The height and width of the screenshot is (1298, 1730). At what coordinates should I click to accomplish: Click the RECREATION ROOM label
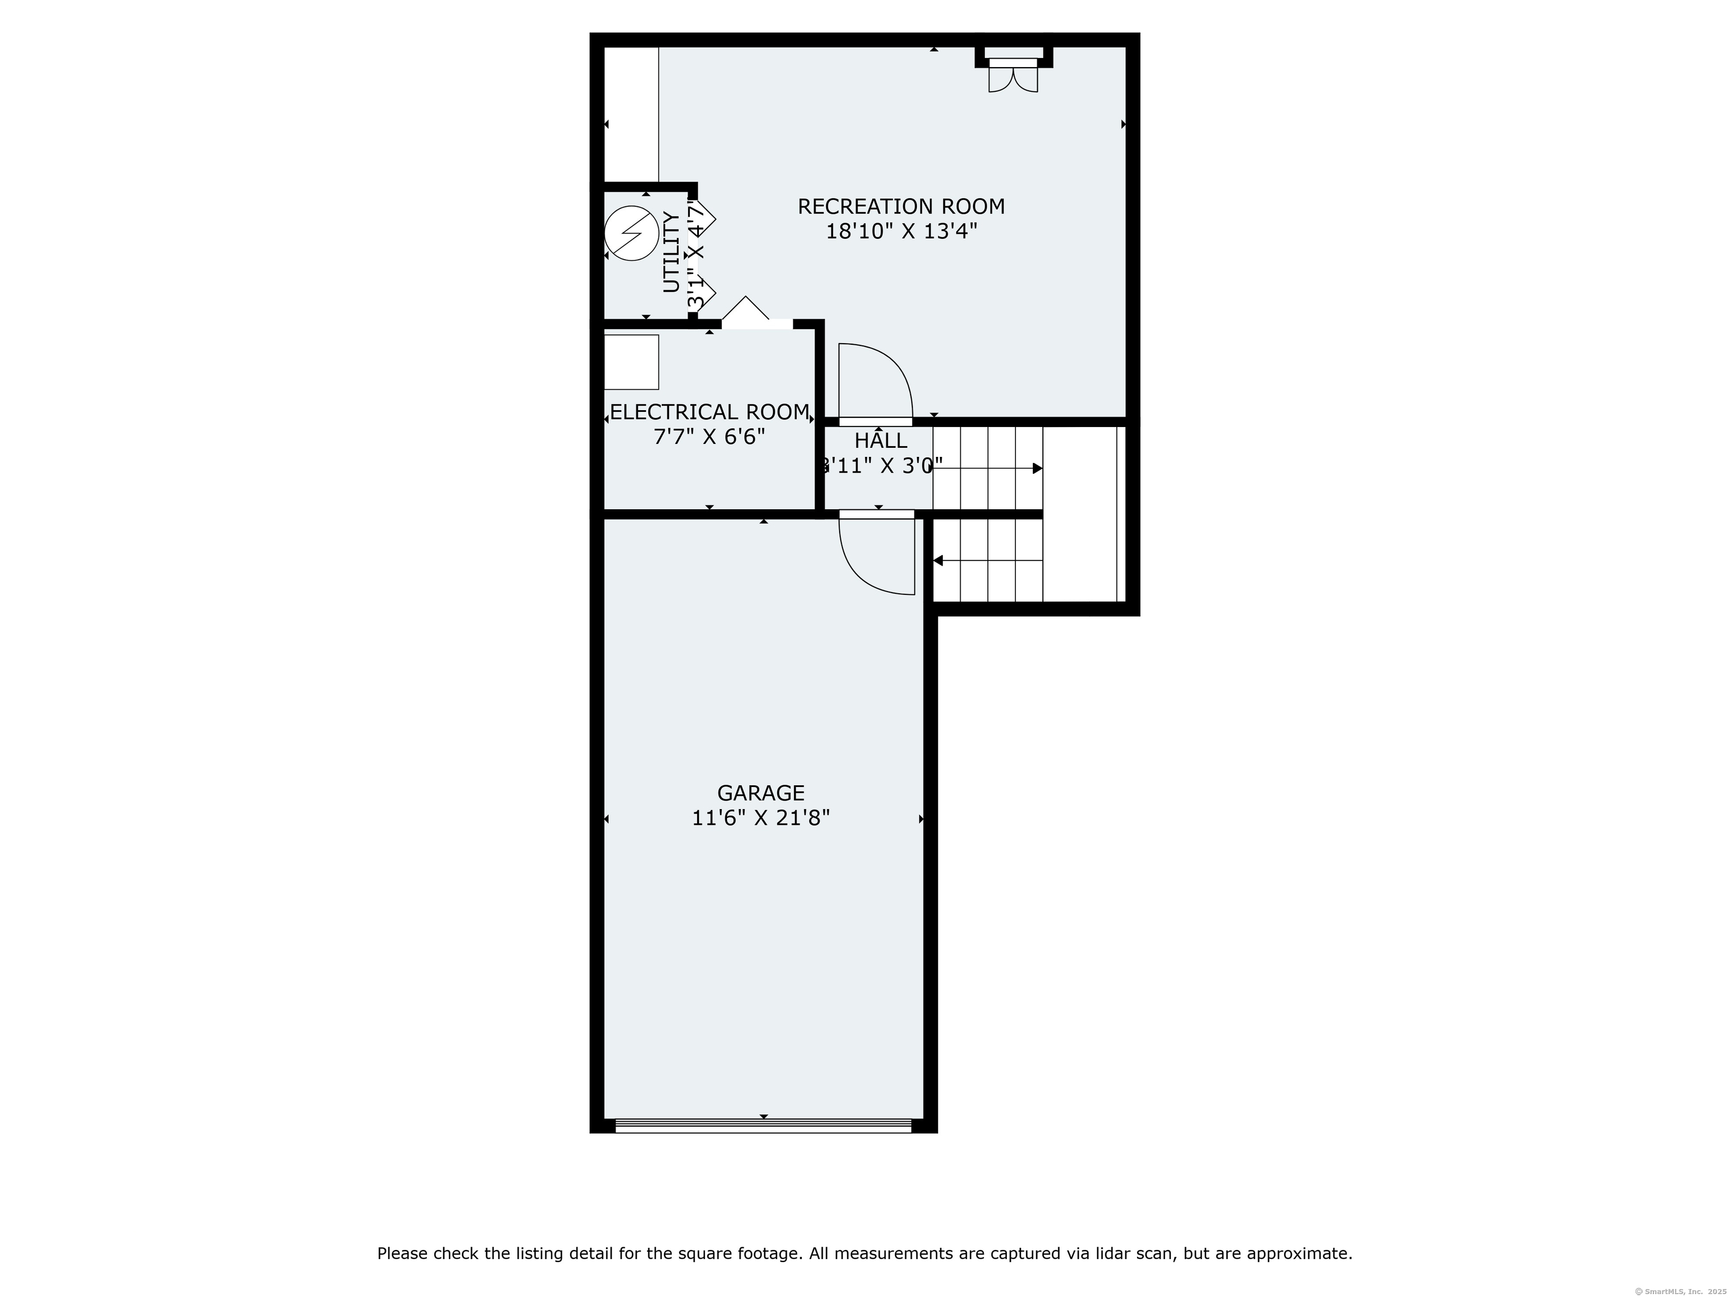coord(901,207)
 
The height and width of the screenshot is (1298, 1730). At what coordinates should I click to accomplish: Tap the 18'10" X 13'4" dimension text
coord(901,232)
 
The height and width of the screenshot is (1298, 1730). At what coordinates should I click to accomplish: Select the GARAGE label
coord(760,793)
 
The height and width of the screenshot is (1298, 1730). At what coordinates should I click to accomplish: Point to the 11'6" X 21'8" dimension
coord(760,819)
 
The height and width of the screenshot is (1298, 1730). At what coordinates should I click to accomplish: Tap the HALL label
coord(881,441)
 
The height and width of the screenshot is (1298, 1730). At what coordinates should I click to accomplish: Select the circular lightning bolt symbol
coord(632,233)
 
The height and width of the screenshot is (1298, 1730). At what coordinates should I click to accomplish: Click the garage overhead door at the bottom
coord(763,1126)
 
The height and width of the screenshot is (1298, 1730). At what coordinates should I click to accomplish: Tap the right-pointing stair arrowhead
coord(1037,469)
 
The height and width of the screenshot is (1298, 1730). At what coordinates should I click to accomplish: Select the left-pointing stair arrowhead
coord(938,561)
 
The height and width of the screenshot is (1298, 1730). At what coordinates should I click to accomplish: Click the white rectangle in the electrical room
coord(631,362)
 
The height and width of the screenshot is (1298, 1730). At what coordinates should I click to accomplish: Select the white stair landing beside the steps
coord(1082,514)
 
